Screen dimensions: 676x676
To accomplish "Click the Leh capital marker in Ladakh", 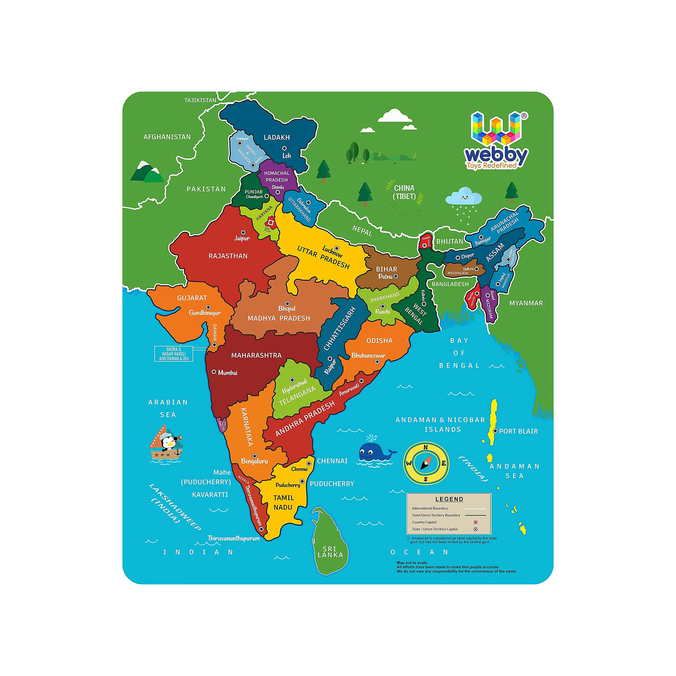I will tap(284, 148).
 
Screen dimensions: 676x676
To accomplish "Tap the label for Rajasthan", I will tap(228, 256).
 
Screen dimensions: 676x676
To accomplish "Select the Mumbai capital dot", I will tap(214, 372).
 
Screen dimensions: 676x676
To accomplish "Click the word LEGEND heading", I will tap(449, 499).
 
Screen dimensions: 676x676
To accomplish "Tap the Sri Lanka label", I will tap(330, 552).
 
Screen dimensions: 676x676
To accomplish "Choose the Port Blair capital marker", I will tap(495, 431).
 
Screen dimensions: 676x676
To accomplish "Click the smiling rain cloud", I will tap(464, 198).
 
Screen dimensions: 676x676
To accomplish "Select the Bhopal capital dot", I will tap(287, 303).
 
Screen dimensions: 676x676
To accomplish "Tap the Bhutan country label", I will tap(450, 242).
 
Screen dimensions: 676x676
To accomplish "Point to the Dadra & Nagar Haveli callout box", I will tap(174, 354).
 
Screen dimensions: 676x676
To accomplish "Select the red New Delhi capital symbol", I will tap(271, 222).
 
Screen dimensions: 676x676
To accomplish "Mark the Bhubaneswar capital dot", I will tap(377, 362).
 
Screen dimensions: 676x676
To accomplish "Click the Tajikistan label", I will tap(200, 100).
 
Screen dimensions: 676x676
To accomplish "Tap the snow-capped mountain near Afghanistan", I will tap(147, 172).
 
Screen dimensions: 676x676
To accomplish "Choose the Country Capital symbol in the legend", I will tap(475, 522).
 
